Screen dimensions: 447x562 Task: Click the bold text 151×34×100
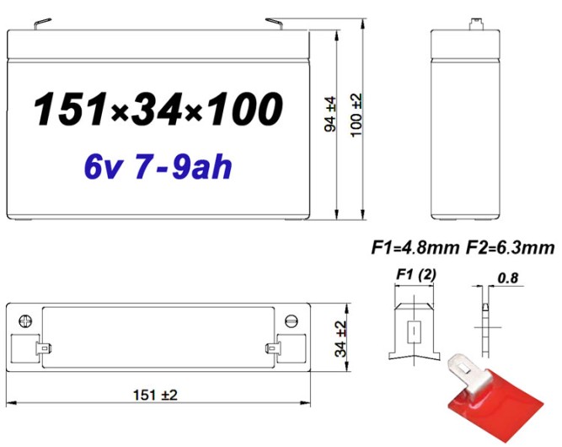tap(158, 110)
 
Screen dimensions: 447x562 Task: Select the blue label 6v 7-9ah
tap(158, 166)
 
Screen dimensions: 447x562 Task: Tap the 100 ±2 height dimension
tap(356, 115)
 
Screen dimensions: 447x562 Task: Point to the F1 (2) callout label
tap(415, 274)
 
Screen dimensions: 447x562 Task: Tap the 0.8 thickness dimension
tap(508, 276)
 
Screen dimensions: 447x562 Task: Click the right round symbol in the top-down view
tap(292, 320)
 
